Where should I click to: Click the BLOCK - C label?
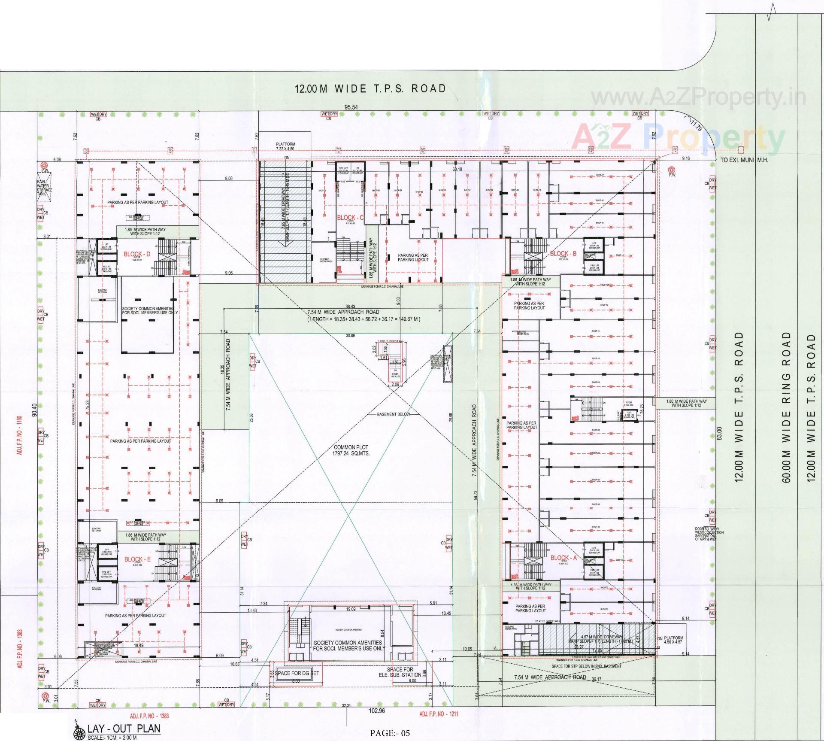point(350,218)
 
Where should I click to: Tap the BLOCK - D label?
point(137,254)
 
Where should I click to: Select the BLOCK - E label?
point(137,559)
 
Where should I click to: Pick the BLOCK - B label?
point(563,253)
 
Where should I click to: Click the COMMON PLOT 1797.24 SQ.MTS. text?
point(351,450)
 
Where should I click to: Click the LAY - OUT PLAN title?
point(124,728)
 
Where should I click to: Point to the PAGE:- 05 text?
point(390,733)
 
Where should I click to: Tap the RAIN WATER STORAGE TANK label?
point(44,188)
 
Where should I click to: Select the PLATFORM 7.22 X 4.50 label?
point(285,146)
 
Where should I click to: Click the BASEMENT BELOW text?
point(393,414)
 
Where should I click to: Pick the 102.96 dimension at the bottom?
point(376,711)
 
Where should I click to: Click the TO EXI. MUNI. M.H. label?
point(744,161)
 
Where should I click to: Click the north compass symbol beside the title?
point(79,732)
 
